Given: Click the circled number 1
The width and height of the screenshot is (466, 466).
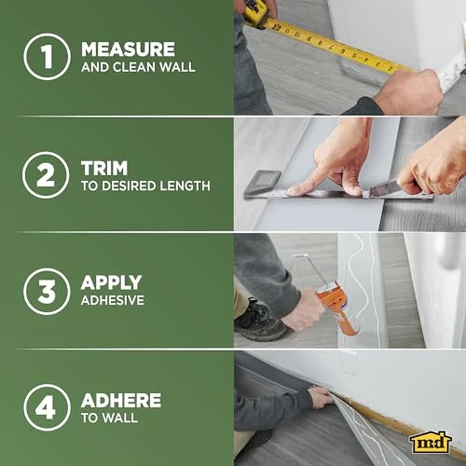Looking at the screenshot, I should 47,57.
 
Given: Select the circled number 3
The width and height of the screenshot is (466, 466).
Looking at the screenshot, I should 47,290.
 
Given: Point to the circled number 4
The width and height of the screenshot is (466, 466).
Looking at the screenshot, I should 47,407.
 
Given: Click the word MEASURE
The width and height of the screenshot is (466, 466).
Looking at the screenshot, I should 128,49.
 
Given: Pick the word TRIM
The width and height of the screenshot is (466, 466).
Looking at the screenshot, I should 104,167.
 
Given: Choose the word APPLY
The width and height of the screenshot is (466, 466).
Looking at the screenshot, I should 111,282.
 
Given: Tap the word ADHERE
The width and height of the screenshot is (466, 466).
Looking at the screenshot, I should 120,400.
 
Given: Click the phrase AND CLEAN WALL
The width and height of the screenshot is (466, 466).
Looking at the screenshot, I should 138,67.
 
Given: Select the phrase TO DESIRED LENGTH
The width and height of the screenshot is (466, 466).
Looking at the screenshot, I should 145,186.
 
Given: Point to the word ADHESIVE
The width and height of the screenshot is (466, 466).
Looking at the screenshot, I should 113,300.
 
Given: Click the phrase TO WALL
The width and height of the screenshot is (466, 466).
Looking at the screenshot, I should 109,418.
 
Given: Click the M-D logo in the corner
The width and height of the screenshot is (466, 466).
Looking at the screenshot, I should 431,441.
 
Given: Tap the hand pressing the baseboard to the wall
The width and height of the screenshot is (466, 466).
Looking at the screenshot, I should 320,397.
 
